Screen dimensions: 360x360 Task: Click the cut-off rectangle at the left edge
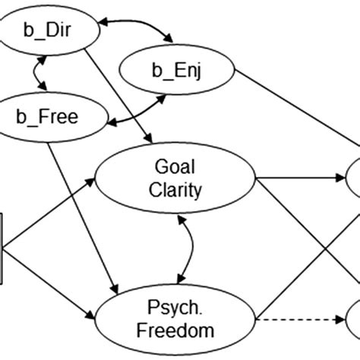(2, 248)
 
